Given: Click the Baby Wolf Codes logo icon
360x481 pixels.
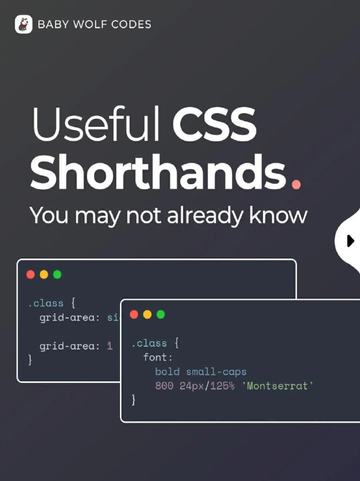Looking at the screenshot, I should (x=23, y=24).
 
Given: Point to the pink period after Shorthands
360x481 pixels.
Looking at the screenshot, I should (x=295, y=184).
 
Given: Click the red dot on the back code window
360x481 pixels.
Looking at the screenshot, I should (x=30, y=274).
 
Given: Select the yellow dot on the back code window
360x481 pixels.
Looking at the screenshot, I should (x=44, y=274).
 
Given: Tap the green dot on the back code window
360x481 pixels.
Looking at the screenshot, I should (x=57, y=274).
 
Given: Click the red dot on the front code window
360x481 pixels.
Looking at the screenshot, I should (x=134, y=314).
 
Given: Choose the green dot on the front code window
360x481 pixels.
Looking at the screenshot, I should (x=161, y=314).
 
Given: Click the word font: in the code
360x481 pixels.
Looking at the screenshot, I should (x=158, y=357).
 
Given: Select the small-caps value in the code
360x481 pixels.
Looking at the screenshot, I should (x=216, y=372).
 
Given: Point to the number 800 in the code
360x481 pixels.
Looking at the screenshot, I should (x=164, y=386).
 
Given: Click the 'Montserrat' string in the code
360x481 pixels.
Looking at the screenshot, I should (x=280, y=386).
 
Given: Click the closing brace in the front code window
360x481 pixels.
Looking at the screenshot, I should (x=134, y=400).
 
